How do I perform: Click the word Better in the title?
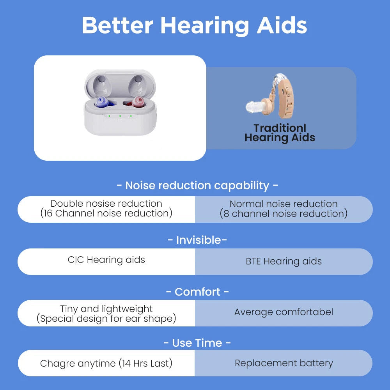(117, 25)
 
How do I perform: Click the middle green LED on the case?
(120, 116)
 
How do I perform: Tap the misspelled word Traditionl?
(280, 128)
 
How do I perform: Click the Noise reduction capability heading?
(197, 185)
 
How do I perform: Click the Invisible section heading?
(197, 240)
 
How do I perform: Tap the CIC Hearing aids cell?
(106, 260)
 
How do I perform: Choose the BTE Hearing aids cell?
(284, 261)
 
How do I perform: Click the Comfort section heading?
(197, 292)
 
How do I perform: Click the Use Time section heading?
(197, 343)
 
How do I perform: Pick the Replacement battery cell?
(284, 363)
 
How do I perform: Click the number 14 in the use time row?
(126, 363)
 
